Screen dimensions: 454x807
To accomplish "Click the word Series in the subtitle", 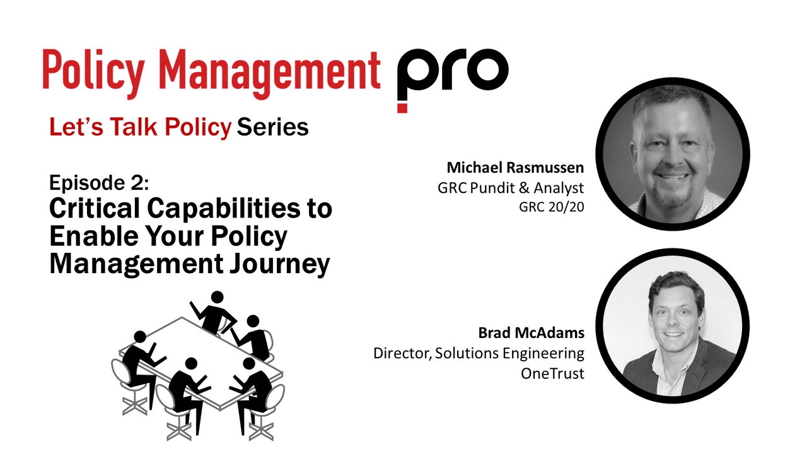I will pos(272,128).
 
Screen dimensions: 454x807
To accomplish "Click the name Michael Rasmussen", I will pos(516,168).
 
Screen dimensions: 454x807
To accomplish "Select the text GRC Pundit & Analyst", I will pos(511,187).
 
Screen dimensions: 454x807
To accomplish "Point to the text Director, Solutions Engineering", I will pos(479,353).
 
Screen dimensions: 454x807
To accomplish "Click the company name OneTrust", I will pos(552,373).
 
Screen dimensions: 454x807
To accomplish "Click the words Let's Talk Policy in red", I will pos(141,128).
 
